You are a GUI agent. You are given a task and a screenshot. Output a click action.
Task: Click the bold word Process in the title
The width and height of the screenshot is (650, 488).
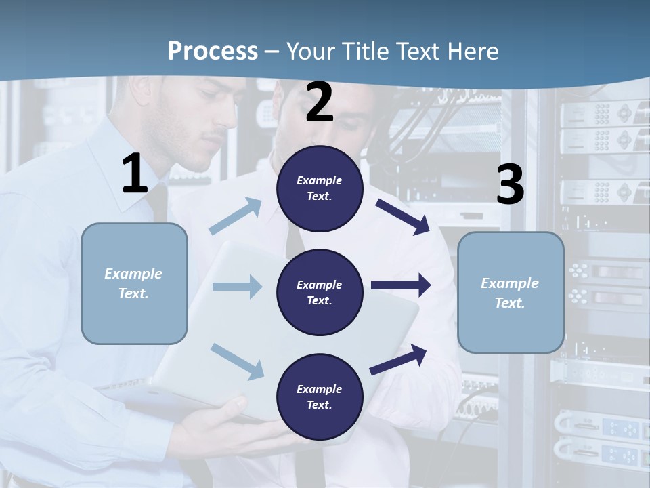tap(213, 52)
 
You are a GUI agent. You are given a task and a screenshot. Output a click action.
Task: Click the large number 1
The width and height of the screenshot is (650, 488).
tap(135, 174)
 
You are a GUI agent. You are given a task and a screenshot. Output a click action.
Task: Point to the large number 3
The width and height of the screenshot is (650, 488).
tap(510, 185)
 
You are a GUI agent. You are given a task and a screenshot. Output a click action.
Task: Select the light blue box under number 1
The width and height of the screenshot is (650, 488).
tap(134, 283)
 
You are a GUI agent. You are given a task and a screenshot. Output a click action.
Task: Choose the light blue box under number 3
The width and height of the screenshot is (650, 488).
tap(511, 292)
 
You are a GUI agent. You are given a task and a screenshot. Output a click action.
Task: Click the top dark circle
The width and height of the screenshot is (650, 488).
tap(320, 188)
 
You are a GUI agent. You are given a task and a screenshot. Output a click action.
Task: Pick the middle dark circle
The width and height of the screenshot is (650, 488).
tap(320, 292)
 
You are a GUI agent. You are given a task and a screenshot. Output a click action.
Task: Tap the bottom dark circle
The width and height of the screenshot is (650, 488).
tap(320, 396)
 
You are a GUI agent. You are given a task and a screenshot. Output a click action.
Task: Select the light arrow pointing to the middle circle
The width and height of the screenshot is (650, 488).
tap(237, 287)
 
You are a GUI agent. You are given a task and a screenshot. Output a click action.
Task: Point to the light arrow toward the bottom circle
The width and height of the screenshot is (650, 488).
tap(237, 361)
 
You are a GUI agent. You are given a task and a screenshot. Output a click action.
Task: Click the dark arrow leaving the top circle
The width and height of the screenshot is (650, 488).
tap(402, 216)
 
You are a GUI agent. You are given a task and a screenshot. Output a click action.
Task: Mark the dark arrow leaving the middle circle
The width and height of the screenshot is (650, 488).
tap(401, 285)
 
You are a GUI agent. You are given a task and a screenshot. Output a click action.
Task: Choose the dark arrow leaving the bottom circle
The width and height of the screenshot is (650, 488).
tap(398, 360)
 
